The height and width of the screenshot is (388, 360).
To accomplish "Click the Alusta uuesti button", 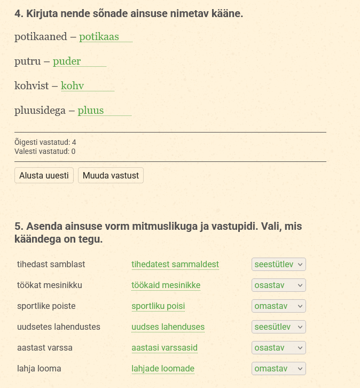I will click(44, 175).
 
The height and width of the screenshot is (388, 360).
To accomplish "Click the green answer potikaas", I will click(99, 37).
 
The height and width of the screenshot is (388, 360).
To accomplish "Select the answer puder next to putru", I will click(67, 61).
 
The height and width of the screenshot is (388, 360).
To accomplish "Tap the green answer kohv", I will click(72, 86).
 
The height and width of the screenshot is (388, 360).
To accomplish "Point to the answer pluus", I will click(91, 111).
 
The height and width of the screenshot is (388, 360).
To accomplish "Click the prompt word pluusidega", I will click(40, 111).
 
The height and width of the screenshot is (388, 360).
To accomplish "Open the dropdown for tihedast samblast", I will click(278, 265).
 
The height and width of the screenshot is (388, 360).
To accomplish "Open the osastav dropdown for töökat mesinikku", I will click(278, 285).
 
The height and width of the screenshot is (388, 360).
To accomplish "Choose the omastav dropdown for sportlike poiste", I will click(278, 306).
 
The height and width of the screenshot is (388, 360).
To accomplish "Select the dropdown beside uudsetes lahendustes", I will click(278, 327).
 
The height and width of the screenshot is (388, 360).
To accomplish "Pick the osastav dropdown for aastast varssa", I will click(278, 348).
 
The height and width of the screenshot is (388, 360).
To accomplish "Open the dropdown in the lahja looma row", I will click(278, 369).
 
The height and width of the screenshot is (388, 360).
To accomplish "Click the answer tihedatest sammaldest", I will click(175, 265).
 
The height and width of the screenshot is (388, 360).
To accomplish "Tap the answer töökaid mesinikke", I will click(166, 285).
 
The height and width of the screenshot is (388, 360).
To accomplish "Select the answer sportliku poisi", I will click(158, 306).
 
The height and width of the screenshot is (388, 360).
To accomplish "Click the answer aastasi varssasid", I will click(165, 348).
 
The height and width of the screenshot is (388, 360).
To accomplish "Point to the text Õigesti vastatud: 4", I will click(45, 142).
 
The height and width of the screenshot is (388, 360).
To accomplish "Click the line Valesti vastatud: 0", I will click(45, 151).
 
